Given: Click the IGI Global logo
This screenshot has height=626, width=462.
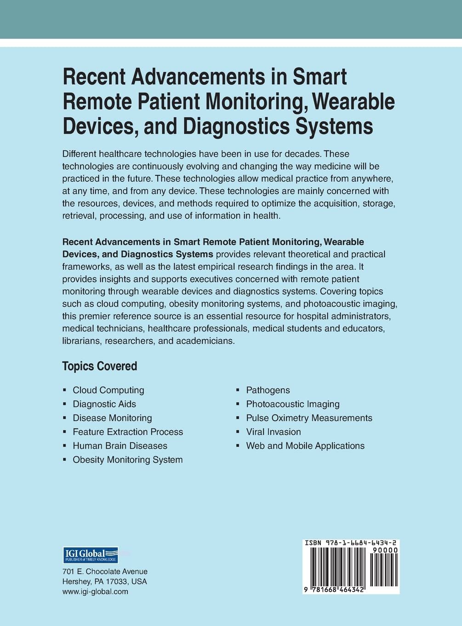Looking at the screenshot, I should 90,555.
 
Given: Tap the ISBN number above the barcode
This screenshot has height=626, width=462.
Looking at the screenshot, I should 351,543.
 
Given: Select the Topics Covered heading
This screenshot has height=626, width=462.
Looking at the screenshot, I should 100,366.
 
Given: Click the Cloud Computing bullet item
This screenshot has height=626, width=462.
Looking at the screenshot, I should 108,390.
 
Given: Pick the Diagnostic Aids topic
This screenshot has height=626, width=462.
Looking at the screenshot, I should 104,404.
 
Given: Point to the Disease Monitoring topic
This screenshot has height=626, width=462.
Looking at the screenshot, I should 112,418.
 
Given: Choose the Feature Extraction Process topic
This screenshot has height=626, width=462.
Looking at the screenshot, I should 128,432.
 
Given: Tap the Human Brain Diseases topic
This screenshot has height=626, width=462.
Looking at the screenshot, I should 120,446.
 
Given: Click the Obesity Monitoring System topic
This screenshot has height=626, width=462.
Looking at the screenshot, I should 128,459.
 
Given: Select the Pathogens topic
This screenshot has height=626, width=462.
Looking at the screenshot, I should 268,390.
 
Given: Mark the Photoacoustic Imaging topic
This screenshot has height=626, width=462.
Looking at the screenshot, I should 293,404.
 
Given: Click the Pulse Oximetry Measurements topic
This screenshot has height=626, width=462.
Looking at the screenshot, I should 309,418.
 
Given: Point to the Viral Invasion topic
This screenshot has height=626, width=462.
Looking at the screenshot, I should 274,432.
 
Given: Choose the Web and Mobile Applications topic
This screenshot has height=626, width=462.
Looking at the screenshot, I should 305,446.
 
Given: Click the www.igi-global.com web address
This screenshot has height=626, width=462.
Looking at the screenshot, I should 95,591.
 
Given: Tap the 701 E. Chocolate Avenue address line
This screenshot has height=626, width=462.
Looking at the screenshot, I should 105,572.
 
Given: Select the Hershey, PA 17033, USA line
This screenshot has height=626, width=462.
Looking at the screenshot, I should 104,581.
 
